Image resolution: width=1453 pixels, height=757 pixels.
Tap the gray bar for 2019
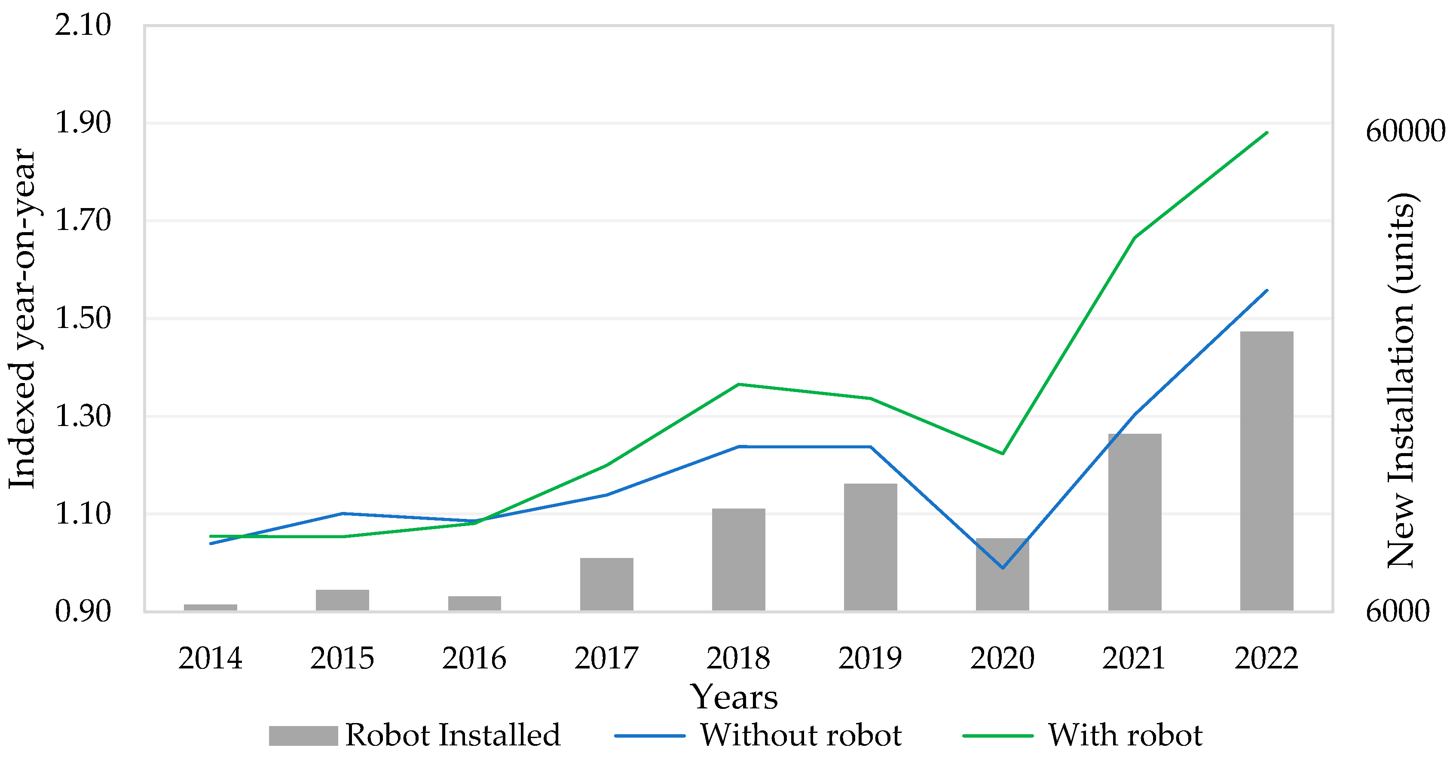(870, 547)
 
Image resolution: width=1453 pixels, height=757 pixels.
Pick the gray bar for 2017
(606, 584)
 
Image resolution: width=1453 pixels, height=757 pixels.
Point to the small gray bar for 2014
(211, 607)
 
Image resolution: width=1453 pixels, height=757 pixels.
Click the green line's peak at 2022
(1267, 132)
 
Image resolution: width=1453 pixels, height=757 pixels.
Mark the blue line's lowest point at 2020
(1002, 568)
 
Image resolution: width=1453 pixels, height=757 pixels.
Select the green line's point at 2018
(738, 385)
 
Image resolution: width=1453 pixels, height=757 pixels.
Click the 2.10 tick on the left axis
(83, 25)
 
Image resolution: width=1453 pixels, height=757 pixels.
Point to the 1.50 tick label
(83, 319)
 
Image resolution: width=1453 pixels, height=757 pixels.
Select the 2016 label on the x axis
(474, 658)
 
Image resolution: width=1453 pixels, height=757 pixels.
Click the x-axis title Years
(734, 697)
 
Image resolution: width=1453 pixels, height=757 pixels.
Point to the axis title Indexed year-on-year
(22, 319)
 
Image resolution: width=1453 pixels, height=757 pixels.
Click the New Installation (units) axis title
(1401, 381)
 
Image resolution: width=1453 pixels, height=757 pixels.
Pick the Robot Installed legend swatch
(303, 736)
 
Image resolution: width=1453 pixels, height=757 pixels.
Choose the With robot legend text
(1125, 736)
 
